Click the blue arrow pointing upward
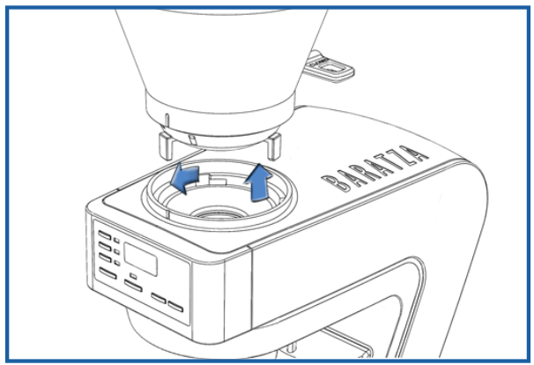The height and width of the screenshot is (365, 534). (258, 183)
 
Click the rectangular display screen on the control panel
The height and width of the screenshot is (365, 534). (140, 258)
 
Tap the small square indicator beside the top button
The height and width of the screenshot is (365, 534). (116, 241)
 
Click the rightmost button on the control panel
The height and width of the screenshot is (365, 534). (175, 307)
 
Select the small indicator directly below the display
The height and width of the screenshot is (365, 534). (134, 276)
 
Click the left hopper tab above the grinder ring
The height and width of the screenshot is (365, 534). (167, 145)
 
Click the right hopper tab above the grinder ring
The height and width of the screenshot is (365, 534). (274, 146)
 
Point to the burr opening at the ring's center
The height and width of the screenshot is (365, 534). (219, 213)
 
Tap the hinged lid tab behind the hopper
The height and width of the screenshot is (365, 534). (330, 68)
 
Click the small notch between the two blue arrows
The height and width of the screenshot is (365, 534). (218, 179)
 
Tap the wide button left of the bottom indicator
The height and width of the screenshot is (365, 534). (108, 273)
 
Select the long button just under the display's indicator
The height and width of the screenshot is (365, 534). (133, 286)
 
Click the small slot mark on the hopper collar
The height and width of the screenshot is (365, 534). (192, 139)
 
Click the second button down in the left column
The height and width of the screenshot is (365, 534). (105, 246)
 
